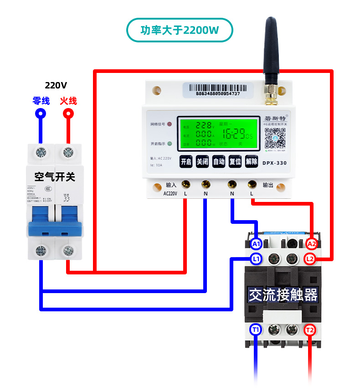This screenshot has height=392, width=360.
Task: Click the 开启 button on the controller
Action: pos(185,162)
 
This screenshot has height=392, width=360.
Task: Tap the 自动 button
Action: pos(219,162)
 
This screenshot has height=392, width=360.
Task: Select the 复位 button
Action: pos(235,162)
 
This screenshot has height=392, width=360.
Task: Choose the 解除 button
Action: pos(252,162)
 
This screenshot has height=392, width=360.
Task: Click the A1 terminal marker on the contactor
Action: pos(256,244)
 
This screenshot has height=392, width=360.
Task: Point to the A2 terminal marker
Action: pos(311,244)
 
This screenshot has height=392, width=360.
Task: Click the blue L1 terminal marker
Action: pos(256,259)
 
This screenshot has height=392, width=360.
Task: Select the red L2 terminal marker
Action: pos(310,259)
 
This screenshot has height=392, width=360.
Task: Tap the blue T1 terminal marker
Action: pos(256,330)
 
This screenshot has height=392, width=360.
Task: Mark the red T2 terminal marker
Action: pos(310,330)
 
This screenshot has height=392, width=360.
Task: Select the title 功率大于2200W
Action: pos(180,31)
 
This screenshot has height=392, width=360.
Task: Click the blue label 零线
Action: pos(41,101)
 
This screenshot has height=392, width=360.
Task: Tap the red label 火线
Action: pos(68,101)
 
